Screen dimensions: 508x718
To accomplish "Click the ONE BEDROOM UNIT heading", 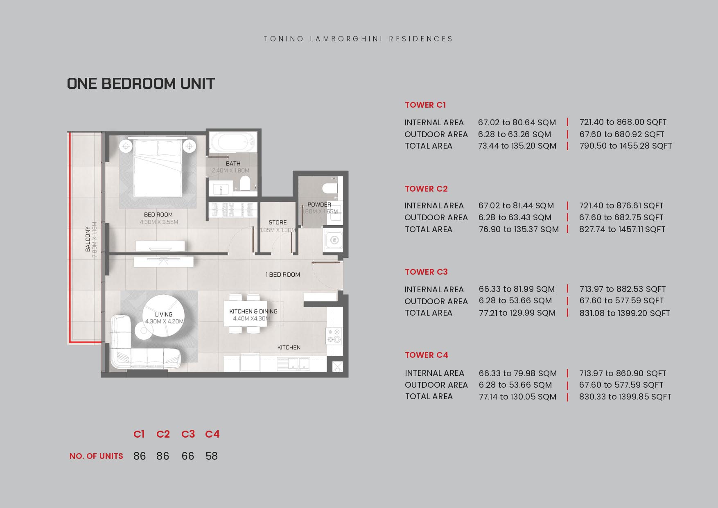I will pos(141,84).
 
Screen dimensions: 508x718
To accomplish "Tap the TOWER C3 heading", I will pos(426,272).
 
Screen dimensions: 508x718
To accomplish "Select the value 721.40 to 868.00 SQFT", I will pos(623,122).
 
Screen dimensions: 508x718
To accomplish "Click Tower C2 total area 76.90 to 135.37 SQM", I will pos(519,229).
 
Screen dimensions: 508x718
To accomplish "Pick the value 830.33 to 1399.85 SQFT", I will pos(625,396).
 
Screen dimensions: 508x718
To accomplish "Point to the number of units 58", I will pos(212,456).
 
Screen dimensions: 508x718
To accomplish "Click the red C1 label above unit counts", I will pos(139,434).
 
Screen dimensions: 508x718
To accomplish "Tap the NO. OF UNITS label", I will pos(96,456).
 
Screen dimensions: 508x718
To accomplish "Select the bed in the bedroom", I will pos(158,168).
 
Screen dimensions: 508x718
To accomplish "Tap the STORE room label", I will pos(278,222).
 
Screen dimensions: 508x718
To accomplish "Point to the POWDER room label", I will pos(319,204).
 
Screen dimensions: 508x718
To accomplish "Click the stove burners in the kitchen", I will pos(334,336).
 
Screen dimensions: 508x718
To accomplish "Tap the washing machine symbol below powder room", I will pos(334,240).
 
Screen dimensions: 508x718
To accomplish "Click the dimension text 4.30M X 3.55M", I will pos(159,222).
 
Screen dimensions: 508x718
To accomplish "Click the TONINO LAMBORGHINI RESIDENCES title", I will pos(358,39).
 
